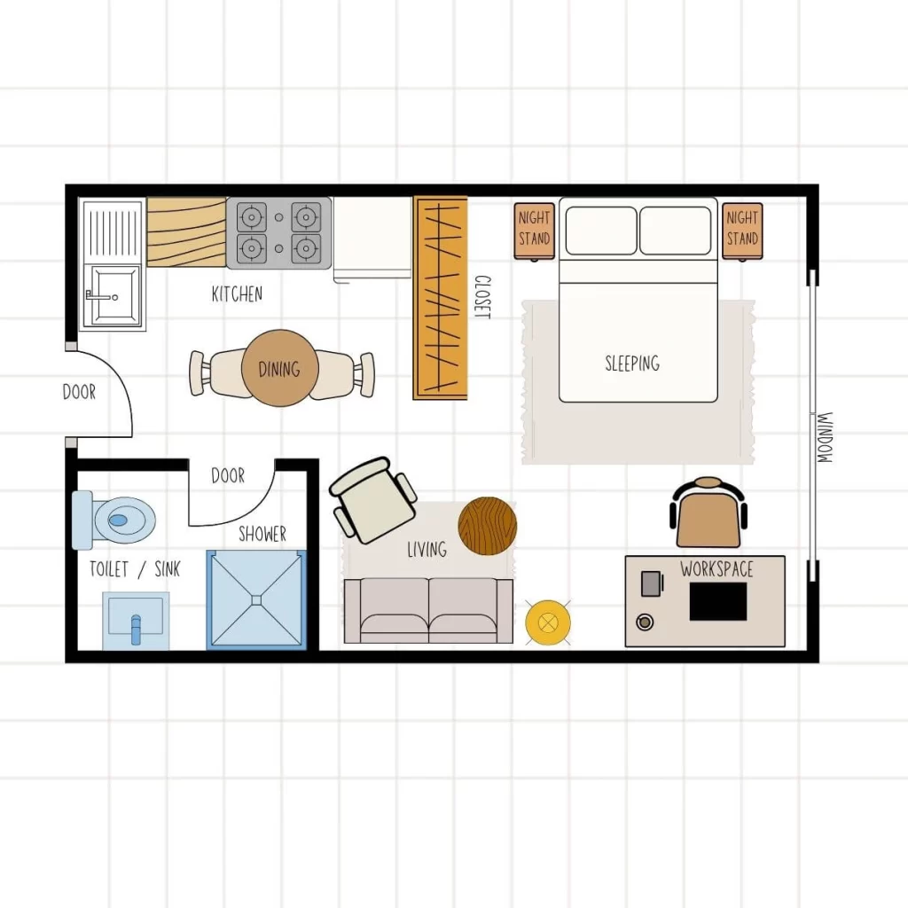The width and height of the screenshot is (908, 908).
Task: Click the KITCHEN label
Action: tap(237, 294)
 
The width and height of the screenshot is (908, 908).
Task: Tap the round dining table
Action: tap(279, 369)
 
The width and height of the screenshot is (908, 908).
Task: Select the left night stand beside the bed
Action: tap(535, 229)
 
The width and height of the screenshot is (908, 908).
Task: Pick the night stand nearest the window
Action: tap(742, 229)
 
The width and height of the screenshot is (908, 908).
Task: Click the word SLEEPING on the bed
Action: tap(632, 363)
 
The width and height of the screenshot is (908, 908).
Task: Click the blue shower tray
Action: tap(256, 599)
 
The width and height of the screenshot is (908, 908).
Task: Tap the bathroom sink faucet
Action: tap(136, 626)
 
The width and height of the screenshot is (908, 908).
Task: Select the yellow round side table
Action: tap(547, 622)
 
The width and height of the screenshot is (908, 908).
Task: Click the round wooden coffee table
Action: tap(487, 526)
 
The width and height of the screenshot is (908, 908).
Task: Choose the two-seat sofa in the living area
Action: tap(428, 611)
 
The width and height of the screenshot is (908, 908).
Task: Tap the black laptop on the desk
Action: tap(717, 602)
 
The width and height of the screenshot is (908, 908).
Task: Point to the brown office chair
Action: tap(708, 514)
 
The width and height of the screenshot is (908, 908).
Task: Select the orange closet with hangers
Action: tap(441, 298)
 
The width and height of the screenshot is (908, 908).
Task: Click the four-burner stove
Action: tap(278, 232)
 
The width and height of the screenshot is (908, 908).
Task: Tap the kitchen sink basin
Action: tap(113, 295)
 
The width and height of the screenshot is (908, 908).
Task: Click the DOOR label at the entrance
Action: tap(79, 391)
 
